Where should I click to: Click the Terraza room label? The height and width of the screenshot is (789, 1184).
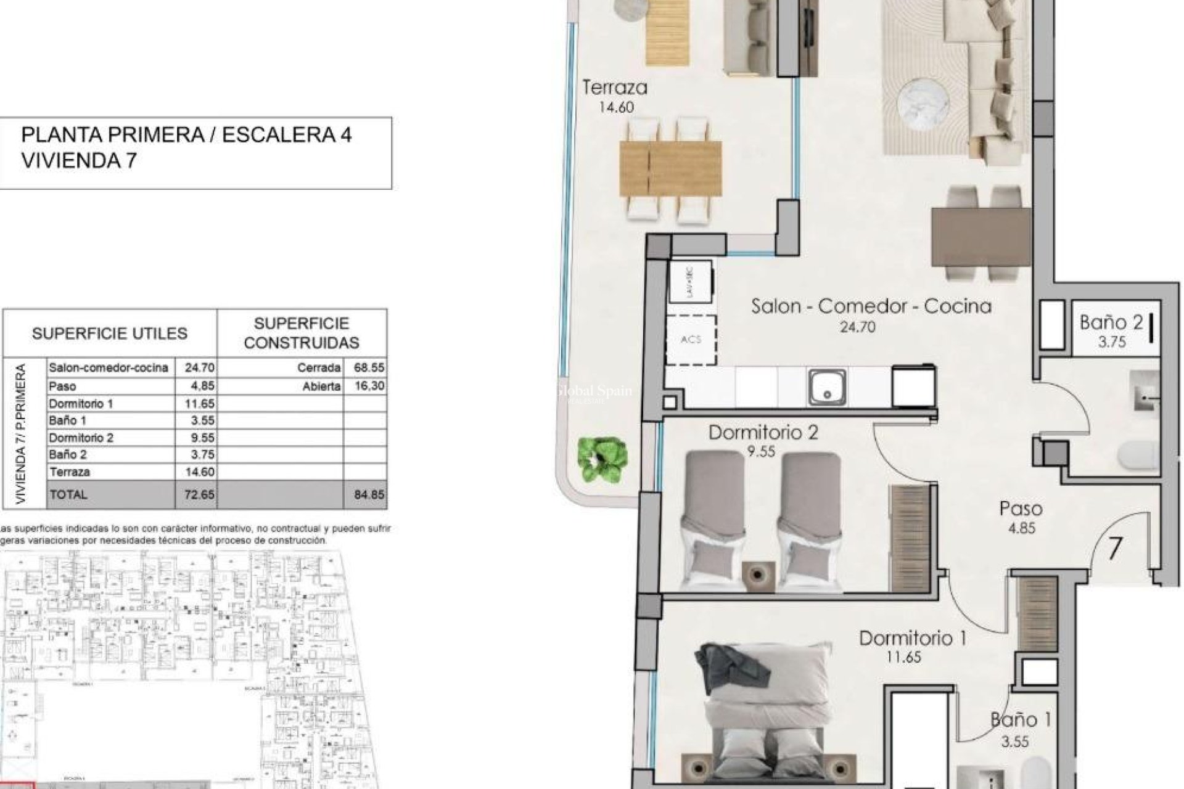pyautogui.click(x=615, y=88)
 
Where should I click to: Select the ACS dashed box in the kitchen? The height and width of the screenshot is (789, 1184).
pyautogui.click(x=691, y=340)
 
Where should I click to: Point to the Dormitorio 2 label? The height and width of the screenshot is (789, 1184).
pyautogui.click(x=763, y=432)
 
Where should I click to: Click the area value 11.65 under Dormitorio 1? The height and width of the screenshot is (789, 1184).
pyautogui.click(x=903, y=657)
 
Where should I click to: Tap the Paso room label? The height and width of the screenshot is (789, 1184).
pyautogui.click(x=1021, y=509)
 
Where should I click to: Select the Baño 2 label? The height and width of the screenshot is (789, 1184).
pyautogui.click(x=1111, y=322)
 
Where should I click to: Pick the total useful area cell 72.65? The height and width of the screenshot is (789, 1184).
pyautogui.click(x=199, y=494)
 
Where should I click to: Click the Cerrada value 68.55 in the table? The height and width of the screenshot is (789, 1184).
pyautogui.click(x=369, y=367)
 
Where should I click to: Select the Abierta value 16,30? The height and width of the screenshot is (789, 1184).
pyautogui.click(x=369, y=386)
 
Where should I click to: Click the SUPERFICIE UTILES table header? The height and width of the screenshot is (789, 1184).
pyautogui.click(x=109, y=333)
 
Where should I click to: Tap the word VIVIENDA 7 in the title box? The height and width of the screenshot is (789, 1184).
pyautogui.click(x=79, y=161)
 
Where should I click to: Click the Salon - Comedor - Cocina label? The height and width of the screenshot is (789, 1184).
pyautogui.click(x=871, y=306)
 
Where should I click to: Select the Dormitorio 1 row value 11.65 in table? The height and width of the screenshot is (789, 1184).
pyautogui.click(x=199, y=404)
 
